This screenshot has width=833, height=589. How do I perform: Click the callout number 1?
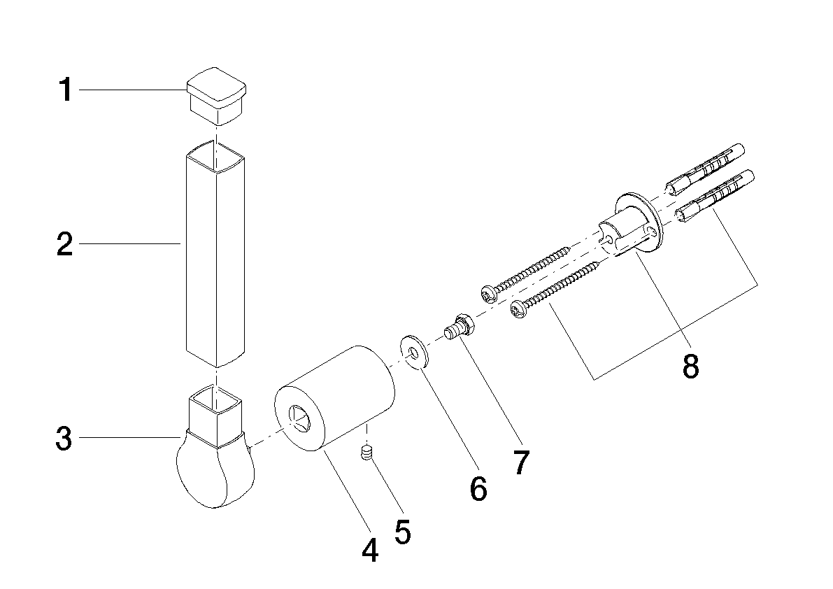(x=65, y=90)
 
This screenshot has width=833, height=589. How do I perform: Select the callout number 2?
(x=65, y=244)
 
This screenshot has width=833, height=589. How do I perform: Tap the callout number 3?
(x=64, y=439)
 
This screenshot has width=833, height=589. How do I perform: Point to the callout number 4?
(x=370, y=550)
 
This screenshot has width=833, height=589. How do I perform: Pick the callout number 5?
(x=404, y=532)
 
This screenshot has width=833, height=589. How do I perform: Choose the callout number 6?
(x=478, y=489)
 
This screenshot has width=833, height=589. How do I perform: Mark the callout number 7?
(x=521, y=462)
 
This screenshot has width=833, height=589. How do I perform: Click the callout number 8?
(x=690, y=366)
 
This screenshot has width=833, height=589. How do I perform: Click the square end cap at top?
(x=216, y=96)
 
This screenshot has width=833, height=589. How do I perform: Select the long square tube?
(x=215, y=253)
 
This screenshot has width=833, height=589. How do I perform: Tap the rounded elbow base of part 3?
(x=214, y=470)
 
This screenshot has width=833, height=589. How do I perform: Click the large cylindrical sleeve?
(x=334, y=399)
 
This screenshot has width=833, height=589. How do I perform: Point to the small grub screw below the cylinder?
(x=366, y=454)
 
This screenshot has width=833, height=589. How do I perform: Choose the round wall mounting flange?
(x=638, y=222)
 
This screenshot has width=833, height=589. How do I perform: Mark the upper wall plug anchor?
(x=702, y=171)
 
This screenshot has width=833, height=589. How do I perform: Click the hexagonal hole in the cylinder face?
(x=299, y=418)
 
